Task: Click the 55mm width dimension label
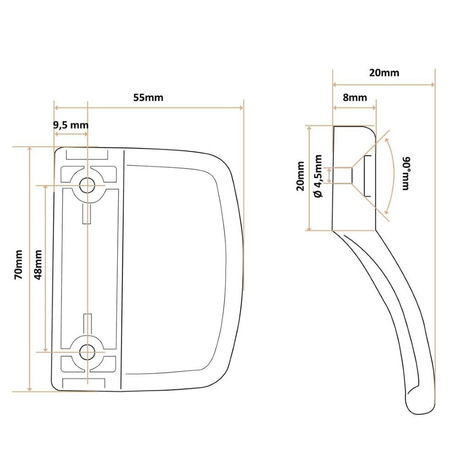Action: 148,98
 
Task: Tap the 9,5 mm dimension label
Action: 71,125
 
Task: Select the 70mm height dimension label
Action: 18,264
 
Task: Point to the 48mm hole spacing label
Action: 38,265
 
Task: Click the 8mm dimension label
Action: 355,98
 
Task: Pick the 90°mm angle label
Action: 406,174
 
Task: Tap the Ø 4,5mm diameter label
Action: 318,176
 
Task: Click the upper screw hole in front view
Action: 87,185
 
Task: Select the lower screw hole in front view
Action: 87,352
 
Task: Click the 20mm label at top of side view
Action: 384,73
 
